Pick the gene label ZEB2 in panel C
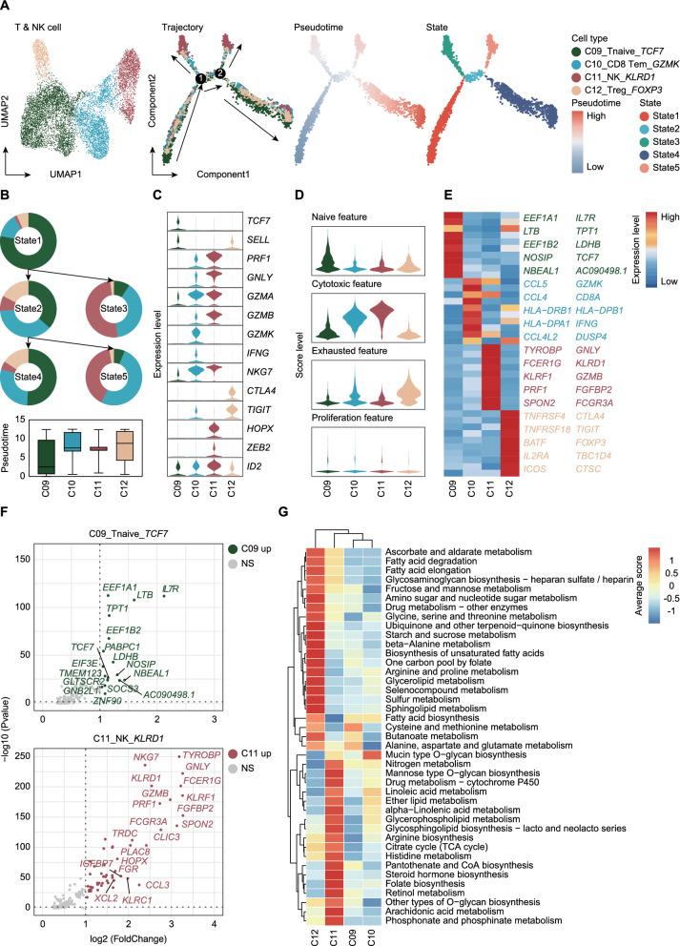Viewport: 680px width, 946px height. click(x=262, y=445)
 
